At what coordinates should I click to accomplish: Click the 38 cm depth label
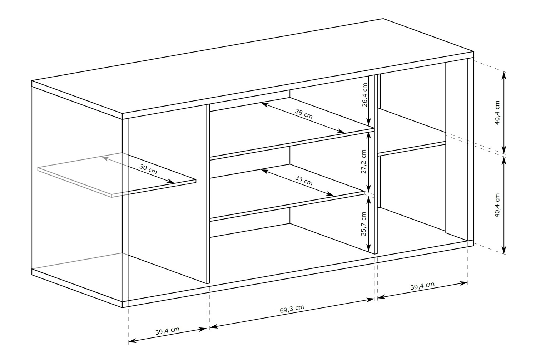pyautogui.click(x=304, y=114)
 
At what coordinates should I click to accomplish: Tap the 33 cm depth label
pyautogui.click(x=304, y=180)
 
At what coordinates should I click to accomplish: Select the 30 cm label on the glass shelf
pyautogui.click(x=148, y=169)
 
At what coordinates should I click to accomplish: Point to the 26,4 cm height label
pyautogui.click(x=364, y=95)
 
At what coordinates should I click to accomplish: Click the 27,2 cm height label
pyautogui.click(x=364, y=162)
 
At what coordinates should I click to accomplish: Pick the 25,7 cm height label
pyautogui.click(x=364, y=223)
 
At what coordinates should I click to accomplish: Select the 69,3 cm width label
pyautogui.click(x=292, y=309)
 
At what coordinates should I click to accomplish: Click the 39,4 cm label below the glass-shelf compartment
pyautogui.click(x=167, y=331)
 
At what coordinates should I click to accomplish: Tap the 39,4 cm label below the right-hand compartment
pyautogui.click(x=422, y=286)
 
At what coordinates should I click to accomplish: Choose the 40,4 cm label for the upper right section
pyautogui.click(x=497, y=113)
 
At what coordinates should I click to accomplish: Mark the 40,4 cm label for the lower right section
pyautogui.click(x=497, y=205)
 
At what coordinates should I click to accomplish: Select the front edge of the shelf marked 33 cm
pyautogui.click(x=287, y=206)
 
